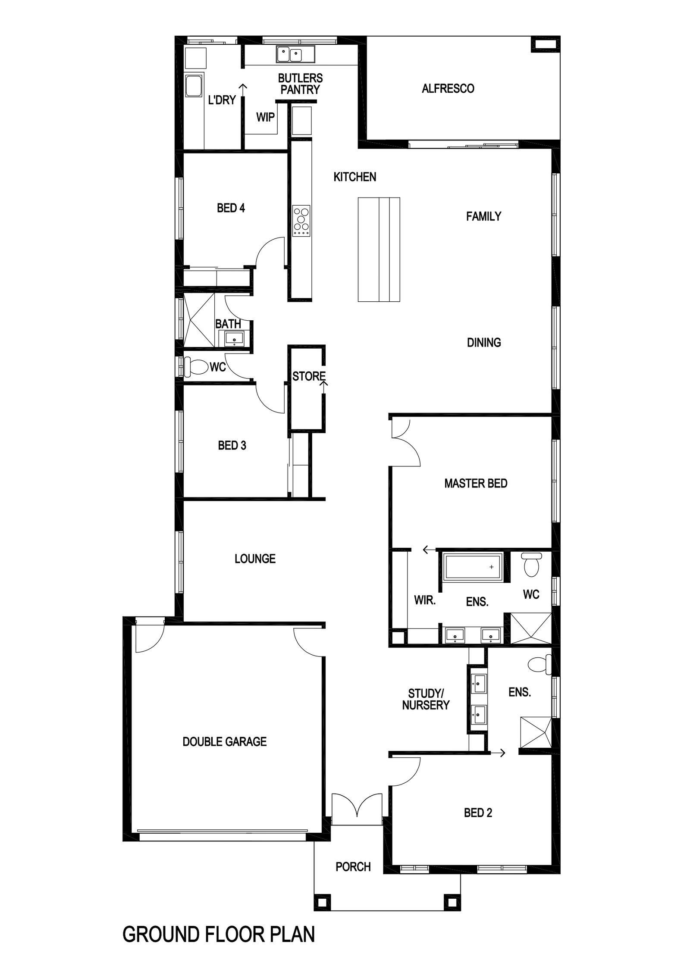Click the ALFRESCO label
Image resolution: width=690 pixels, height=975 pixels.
coord(448,88)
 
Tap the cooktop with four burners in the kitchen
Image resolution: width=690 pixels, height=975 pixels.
coord(301,221)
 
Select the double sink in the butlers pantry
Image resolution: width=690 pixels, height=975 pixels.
coord(289,55)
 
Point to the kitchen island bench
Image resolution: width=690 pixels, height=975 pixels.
coord(379,249)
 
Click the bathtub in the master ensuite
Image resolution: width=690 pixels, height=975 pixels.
coord(473,566)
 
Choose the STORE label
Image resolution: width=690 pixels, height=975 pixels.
coord(309,376)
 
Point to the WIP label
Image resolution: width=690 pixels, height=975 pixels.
coord(265,117)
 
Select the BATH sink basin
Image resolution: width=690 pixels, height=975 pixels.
coord(234,338)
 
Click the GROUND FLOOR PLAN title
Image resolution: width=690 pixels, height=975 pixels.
coord(219,933)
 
